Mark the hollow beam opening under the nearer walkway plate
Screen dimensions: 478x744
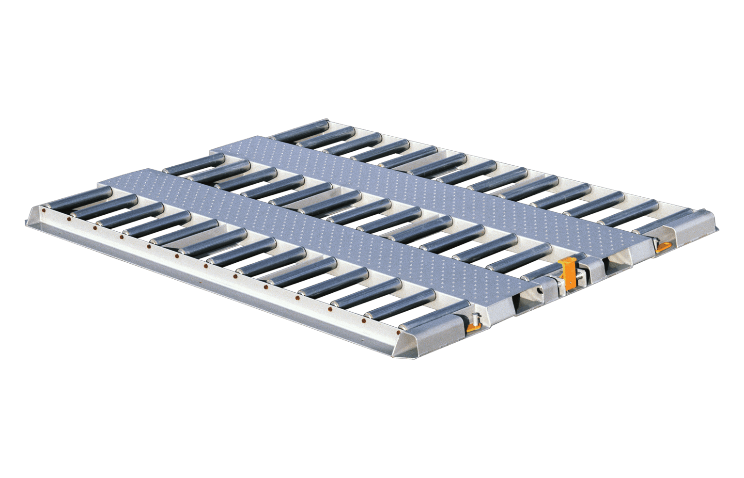pos(528,303)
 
